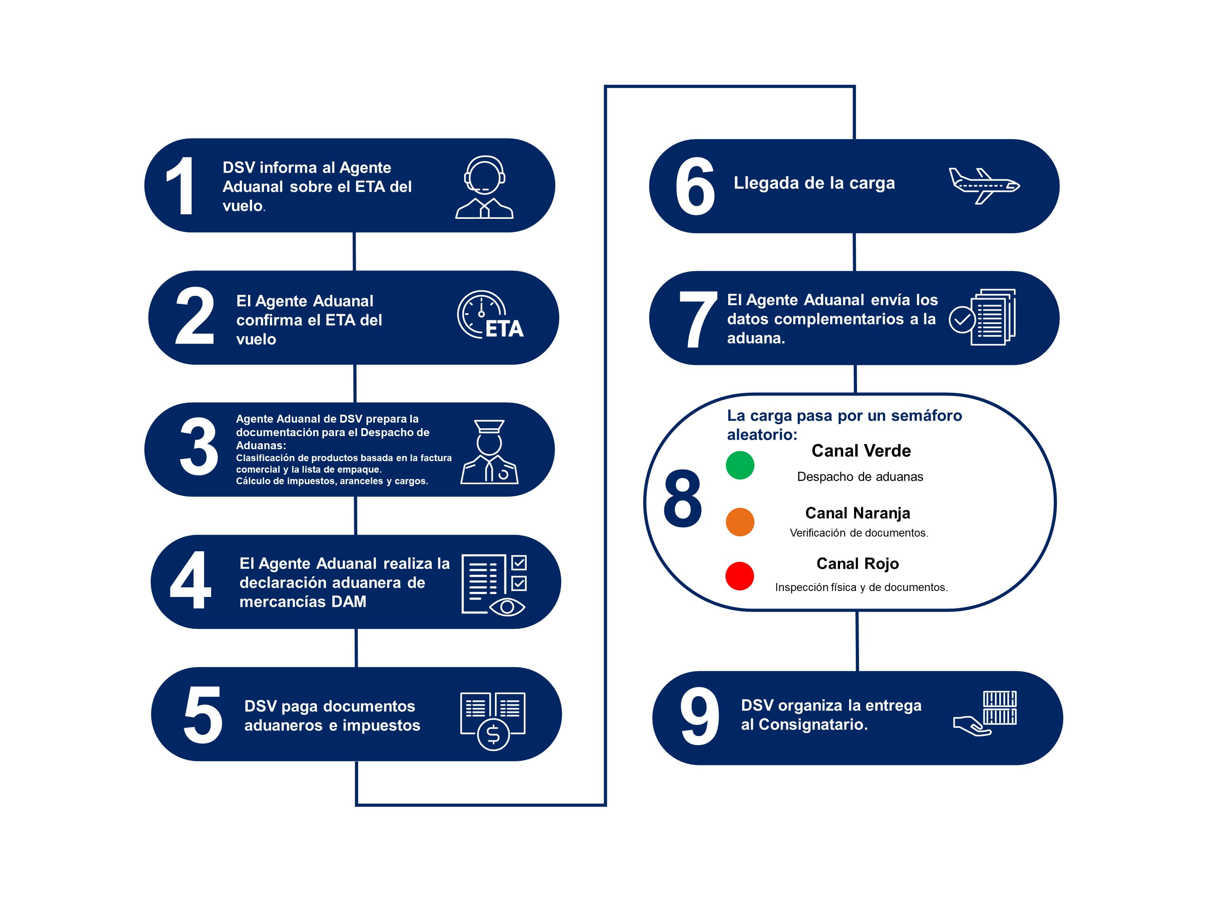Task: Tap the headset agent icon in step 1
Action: pos(484,187)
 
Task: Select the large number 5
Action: pos(202,715)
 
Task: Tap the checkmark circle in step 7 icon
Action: pos(962,319)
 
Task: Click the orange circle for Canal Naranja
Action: pos(740,522)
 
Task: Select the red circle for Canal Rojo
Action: pos(739,576)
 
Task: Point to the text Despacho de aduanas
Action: pos(860,477)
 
